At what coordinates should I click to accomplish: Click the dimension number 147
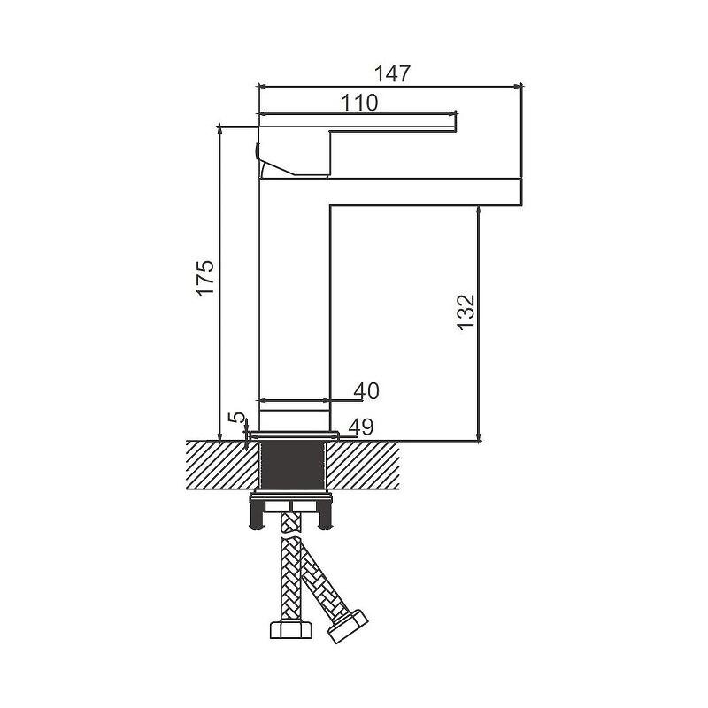pyautogui.click(x=393, y=73)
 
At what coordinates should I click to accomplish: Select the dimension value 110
pyautogui.click(x=359, y=103)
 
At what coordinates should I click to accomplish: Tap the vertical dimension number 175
pyautogui.click(x=206, y=278)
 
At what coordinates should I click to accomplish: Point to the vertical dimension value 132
pyautogui.click(x=466, y=312)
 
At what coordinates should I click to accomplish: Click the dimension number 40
pyautogui.click(x=366, y=391)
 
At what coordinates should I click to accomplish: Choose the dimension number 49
pyautogui.click(x=361, y=427)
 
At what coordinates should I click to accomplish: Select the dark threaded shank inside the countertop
pyautogui.click(x=293, y=466)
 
